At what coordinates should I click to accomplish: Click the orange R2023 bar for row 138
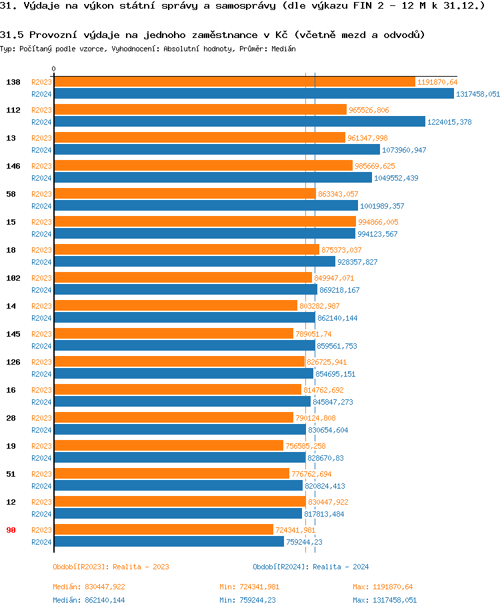click(x=233, y=82)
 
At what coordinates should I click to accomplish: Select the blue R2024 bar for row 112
click(x=239, y=121)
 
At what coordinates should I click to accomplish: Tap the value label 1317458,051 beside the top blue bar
click(x=478, y=94)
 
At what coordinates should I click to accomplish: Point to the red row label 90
click(x=11, y=529)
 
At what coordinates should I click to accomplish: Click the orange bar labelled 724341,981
click(x=163, y=529)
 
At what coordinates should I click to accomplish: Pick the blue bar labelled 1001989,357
click(x=205, y=205)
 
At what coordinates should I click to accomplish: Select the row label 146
click(x=13, y=165)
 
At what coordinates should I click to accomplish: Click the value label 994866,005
click(x=378, y=222)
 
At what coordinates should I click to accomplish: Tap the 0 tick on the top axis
click(x=53, y=69)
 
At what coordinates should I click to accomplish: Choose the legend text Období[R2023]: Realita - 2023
click(x=111, y=567)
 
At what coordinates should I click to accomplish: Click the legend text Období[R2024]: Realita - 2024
click(x=311, y=567)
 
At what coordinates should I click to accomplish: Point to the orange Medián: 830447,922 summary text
click(x=89, y=587)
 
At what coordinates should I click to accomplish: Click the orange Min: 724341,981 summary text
click(x=250, y=587)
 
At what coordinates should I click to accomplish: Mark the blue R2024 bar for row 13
click(x=217, y=149)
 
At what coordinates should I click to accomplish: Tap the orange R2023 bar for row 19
click(x=168, y=445)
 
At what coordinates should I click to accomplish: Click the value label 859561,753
click(x=337, y=346)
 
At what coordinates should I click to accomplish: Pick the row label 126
click(x=13, y=361)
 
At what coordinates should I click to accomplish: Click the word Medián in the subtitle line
click(x=283, y=49)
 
